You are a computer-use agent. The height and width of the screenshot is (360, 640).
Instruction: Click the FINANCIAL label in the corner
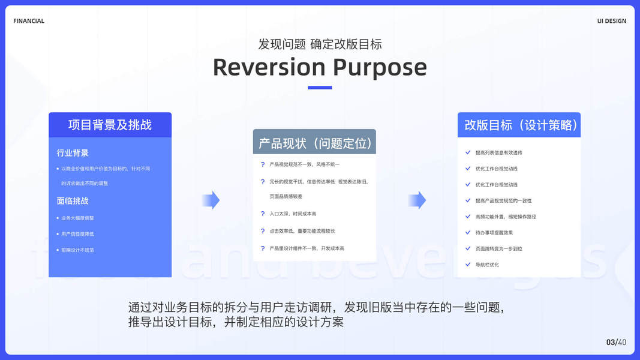[x=29, y=21]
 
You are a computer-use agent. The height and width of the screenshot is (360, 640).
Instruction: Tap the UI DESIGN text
[x=611, y=21]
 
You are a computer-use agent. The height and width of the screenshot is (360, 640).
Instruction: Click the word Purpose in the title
[x=380, y=67]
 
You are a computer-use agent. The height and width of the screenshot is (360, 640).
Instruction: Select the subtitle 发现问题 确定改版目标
[x=320, y=44]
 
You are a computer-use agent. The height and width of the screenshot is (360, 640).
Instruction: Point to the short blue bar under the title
[x=320, y=88]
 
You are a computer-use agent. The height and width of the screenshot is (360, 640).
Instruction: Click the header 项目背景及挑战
[x=110, y=125]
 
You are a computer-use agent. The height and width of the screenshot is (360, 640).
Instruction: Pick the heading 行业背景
[x=73, y=153]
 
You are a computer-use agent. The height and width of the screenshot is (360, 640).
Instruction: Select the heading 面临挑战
[x=73, y=201]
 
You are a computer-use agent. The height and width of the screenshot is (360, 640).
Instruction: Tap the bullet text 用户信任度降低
[x=77, y=234]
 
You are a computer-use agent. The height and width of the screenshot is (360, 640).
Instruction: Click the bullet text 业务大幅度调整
[x=77, y=218]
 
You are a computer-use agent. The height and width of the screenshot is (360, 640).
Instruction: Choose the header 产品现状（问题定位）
[x=314, y=143]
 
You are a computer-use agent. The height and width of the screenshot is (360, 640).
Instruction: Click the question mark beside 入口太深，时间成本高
[x=263, y=214]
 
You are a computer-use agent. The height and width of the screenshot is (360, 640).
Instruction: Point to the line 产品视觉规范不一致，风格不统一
[x=305, y=164]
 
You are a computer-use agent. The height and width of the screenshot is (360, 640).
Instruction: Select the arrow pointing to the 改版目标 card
[x=417, y=200]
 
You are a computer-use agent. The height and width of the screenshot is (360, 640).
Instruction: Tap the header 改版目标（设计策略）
[x=519, y=125]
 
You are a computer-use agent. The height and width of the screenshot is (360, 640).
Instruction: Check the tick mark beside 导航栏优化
[x=468, y=264]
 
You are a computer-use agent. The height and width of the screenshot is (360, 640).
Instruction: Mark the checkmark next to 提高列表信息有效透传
[x=468, y=152]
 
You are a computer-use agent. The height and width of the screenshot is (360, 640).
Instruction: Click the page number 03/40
[x=616, y=342]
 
